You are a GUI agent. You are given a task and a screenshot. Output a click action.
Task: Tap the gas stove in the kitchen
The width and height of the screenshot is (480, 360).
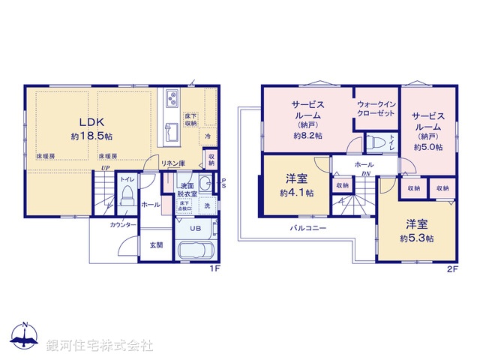(171, 99)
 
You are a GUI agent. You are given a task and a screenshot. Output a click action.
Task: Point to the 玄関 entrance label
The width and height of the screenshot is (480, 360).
(156, 244)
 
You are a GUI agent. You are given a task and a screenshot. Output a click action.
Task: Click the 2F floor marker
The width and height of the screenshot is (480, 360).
(451, 268)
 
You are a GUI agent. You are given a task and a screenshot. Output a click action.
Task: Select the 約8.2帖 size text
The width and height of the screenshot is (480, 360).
(307, 136)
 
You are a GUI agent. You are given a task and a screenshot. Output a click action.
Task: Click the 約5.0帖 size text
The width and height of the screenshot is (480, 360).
(428, 147)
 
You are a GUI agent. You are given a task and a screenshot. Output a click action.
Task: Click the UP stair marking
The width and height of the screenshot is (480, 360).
(106, 168)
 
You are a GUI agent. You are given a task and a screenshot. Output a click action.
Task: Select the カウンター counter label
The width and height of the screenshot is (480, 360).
(122, 225)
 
